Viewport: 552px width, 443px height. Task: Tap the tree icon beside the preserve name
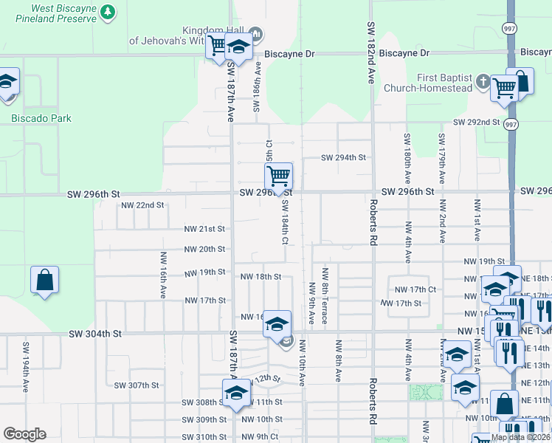108,12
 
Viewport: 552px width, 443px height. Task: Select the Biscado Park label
41,118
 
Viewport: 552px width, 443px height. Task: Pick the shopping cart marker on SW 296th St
278,177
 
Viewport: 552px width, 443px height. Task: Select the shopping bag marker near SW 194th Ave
44,280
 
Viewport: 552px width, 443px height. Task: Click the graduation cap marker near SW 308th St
237,391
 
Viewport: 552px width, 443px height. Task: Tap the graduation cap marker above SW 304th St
277,324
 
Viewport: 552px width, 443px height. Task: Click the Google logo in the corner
24,434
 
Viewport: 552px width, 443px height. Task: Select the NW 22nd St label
142,205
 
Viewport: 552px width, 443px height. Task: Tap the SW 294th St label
343,157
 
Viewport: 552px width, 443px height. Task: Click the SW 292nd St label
476,122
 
